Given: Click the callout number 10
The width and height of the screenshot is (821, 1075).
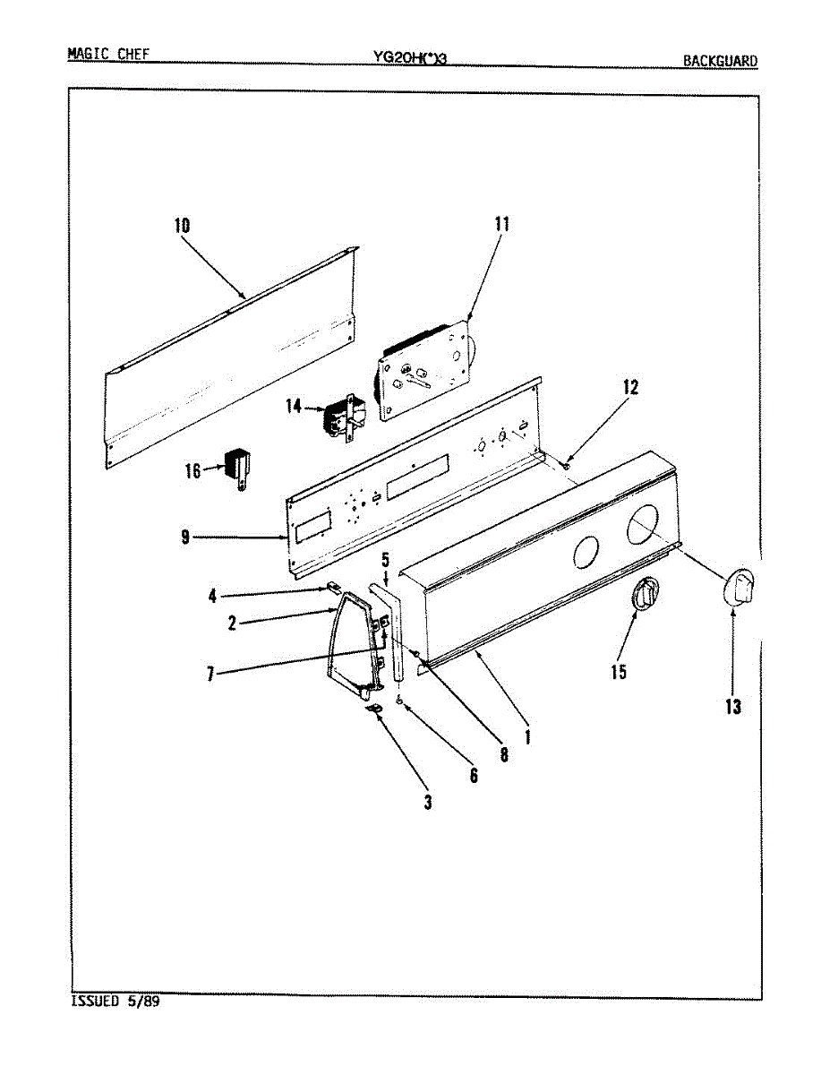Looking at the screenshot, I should pos(182,226).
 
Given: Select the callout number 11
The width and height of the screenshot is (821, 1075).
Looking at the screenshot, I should pos(500,224).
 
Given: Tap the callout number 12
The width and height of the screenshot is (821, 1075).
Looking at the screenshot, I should pos(630,387).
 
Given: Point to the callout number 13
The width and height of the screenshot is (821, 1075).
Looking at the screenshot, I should pos(733,707).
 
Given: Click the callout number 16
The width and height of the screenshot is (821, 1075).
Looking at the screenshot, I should pos(192,469).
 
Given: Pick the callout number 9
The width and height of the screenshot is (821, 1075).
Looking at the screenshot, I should pos(184,537).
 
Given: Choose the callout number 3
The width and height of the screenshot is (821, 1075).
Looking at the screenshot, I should pos(428,803).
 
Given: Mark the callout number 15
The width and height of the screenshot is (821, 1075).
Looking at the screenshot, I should pos(619,672).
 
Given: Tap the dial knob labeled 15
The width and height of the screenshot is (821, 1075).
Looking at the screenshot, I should pos(645,596).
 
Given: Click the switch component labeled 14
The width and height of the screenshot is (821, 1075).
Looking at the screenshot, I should pos(339,418).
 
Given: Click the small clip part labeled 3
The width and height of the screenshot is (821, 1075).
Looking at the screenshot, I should pos(376,708).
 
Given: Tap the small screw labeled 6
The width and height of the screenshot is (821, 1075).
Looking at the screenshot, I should pos(400,700).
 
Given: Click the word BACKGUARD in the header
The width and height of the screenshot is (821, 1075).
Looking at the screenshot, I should pos(720,61).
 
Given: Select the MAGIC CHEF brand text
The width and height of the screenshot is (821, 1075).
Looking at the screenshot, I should pos(108,54).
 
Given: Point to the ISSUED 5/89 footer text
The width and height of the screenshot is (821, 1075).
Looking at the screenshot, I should pos(115,1002).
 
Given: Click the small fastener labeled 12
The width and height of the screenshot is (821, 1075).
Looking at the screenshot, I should pos(568,463).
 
